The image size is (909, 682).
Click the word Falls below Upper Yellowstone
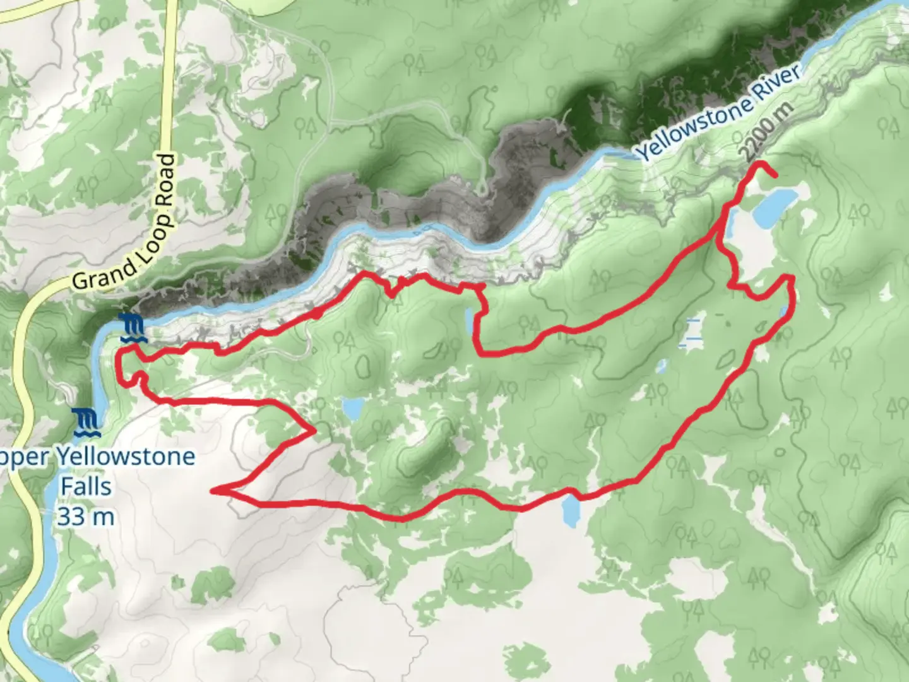(x=86, y=486)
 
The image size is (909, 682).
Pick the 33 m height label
(x=86, y=517)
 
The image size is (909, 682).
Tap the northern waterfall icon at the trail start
(x=134, y=328)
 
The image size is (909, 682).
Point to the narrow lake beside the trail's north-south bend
(x=470, y=322)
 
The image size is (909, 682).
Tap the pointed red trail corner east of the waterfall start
(x=314, y=431)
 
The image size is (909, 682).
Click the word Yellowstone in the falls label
(x=126, y=456)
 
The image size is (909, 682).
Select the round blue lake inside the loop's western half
(x=352, y=409)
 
